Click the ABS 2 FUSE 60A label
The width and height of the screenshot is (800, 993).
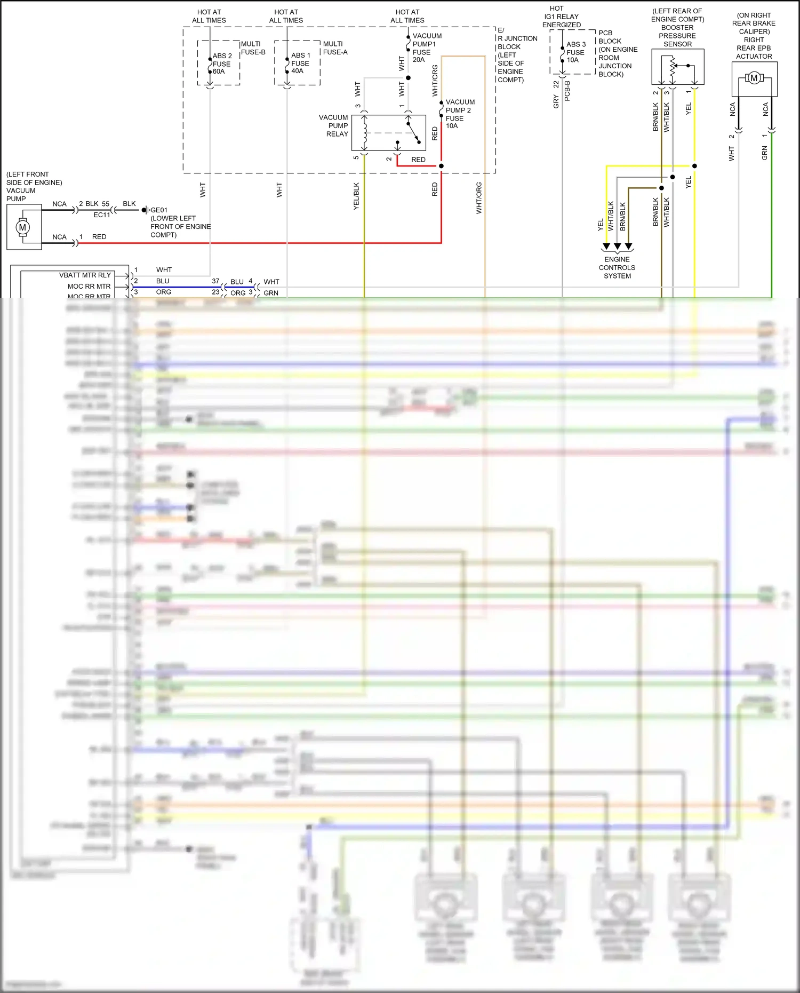tap(222, 63)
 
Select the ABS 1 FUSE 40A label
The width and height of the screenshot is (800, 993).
tap(300, 63)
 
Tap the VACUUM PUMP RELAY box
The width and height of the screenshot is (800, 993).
tap(388, 133)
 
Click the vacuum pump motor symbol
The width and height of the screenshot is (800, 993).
tap(22, 227)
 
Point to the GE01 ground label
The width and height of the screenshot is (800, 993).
tap(159, 210)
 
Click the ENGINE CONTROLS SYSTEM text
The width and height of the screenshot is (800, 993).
tap(617, 268)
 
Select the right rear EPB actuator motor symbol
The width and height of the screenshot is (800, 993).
tap(754, 78)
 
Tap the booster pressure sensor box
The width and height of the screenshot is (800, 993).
tap(677, 67)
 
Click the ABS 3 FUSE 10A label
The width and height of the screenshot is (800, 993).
tap(576, 52)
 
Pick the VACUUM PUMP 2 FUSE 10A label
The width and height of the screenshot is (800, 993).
tap(460, 114)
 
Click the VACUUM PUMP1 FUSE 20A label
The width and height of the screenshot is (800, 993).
tap(427, 48)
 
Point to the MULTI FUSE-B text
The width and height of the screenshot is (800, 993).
tap(253, 48)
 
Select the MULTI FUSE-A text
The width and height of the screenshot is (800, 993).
tap(335, 48)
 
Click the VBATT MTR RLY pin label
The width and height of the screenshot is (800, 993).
tap(85, 275)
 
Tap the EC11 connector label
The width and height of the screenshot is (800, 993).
tap(101, 215)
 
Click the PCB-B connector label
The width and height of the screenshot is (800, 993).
tap(567, 91)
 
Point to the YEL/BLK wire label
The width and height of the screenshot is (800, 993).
tap(356, 196)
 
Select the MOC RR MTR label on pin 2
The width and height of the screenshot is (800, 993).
tap(89, 287)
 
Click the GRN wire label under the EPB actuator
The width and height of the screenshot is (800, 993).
tap(764, 153)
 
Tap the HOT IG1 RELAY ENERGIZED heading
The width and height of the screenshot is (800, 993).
tap(561, 17)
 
